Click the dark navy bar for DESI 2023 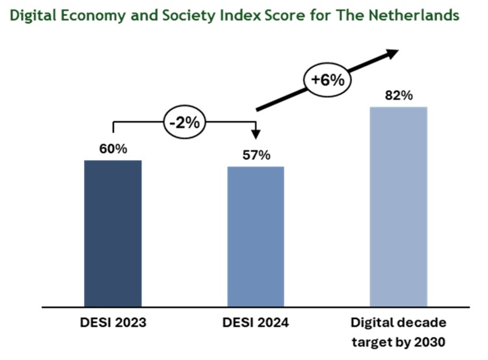click(x=113, y=233)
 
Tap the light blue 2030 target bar click(x=398, y=207)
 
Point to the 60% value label click(x=113, y=149)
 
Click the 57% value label click(x=256, y=155)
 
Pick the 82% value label click(x=399, y=96)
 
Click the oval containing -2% click(x=185, y=122)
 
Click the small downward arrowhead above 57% click(x=256, y=134)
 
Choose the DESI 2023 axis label click(x=113, y=322)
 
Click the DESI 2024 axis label click(x=256, y=322)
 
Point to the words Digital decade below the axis click(x=398, y=322)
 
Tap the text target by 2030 click(x=398, y=342)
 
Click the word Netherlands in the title click(x=414, y=15)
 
